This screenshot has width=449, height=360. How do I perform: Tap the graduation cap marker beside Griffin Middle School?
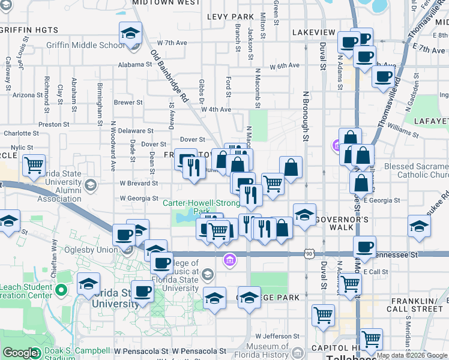130,34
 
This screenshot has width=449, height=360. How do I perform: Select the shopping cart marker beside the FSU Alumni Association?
34,165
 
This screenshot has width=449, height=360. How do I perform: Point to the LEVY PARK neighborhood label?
231,16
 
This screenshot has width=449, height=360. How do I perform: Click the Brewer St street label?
128,103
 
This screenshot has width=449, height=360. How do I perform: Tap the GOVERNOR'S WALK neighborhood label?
342,220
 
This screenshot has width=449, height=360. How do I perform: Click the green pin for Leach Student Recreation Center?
60,291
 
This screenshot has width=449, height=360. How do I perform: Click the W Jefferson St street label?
277,336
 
